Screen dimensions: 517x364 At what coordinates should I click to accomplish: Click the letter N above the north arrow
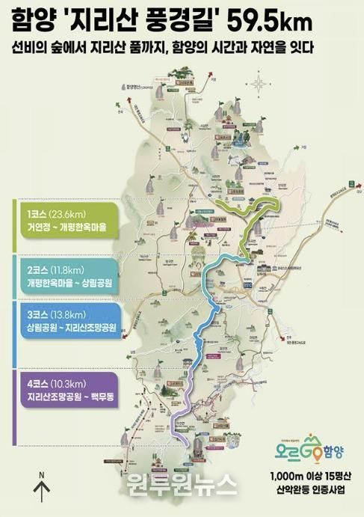pos(43,474)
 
